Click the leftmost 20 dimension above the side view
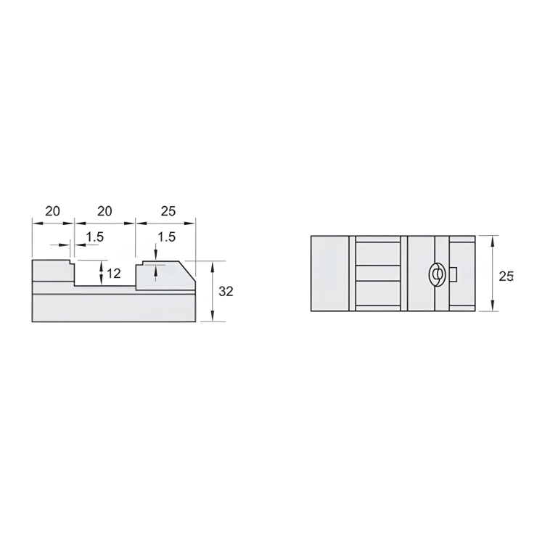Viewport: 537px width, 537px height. point(52,211)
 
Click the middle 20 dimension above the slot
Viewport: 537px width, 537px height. point(104,211)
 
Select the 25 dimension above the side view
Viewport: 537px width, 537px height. point(168,211)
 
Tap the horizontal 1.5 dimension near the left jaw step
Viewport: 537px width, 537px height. point(95,237)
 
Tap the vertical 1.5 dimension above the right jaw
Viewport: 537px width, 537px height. point(166,237)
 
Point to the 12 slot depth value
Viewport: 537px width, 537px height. point(114,274)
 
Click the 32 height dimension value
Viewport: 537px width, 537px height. point(226,291)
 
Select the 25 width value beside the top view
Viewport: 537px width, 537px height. point(506,276)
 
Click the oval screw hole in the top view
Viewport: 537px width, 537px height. point(436,274)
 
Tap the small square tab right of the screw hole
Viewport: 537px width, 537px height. point(452,274)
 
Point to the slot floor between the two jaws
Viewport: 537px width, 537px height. point(104,286)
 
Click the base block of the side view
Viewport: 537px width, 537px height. point(113,308)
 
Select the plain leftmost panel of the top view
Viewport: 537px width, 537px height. point(329,274)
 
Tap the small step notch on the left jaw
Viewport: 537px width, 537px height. point(72,263)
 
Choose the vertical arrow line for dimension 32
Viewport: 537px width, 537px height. point(212,291)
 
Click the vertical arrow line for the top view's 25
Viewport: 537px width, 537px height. point(493,274)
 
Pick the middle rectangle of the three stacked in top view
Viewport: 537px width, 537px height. point(378,274)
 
